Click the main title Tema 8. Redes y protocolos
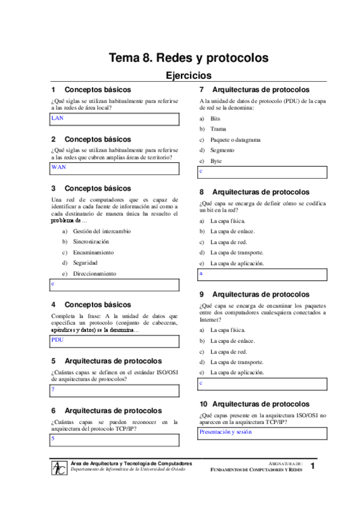(x=188, y=58)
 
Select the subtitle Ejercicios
(x=188, y=76)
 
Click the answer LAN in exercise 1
(x=58, y=118)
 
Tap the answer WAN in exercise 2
(x=58, y=167)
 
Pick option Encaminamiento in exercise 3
(x=93, y=253)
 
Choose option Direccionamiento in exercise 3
(x=94, y=274)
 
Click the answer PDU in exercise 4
(x=58, y=340)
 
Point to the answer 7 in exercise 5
(x=53, y=390)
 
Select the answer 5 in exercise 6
(x=53, y=439)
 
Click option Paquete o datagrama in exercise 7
(x=235, y=140)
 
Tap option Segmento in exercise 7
(x=222, y=150)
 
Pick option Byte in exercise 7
(x=216, y=161)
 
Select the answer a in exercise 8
(x=201, y=274)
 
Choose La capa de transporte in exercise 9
(x=236, y=362)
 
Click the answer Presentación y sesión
(x=225, y=432)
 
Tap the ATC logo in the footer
(x=59, y=467)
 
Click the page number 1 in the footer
(x=313, y=467)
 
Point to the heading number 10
(x=204, y=404)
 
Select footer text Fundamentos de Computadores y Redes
(x=256, y=470)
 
